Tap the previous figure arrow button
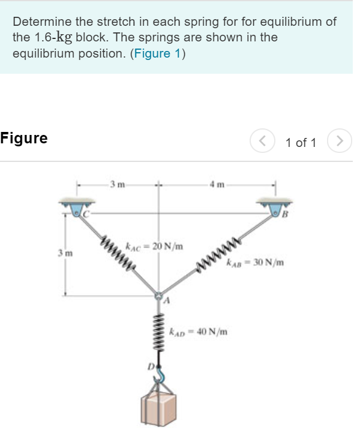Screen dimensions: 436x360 coord(262,142)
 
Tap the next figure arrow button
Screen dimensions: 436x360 coord(340,142)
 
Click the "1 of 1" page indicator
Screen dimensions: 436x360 coord(301,142)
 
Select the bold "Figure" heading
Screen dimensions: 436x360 coord(24,139)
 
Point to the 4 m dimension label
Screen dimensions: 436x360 coord(217,184)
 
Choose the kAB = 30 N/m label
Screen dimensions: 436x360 coord(255,262)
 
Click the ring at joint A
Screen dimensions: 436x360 coord(159,295)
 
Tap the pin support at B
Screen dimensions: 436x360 coord(276,209)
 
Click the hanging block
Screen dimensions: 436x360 coord(160,410)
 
